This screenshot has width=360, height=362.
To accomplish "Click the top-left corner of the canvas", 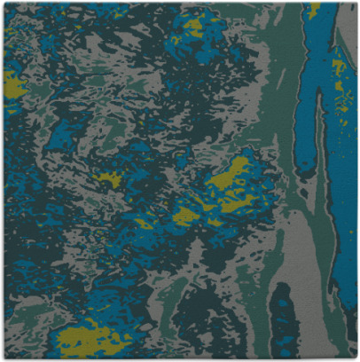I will [4, 4].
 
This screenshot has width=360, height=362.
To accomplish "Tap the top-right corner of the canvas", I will [356, 4].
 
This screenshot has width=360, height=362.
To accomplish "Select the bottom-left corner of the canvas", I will [4, 358].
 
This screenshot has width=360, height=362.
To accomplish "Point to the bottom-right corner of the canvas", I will [356, 358].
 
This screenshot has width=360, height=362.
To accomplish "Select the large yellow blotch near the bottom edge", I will [89, 338].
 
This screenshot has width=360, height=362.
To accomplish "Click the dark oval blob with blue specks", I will [285, 319].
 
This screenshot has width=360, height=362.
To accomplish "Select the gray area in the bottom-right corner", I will [341, 342].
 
